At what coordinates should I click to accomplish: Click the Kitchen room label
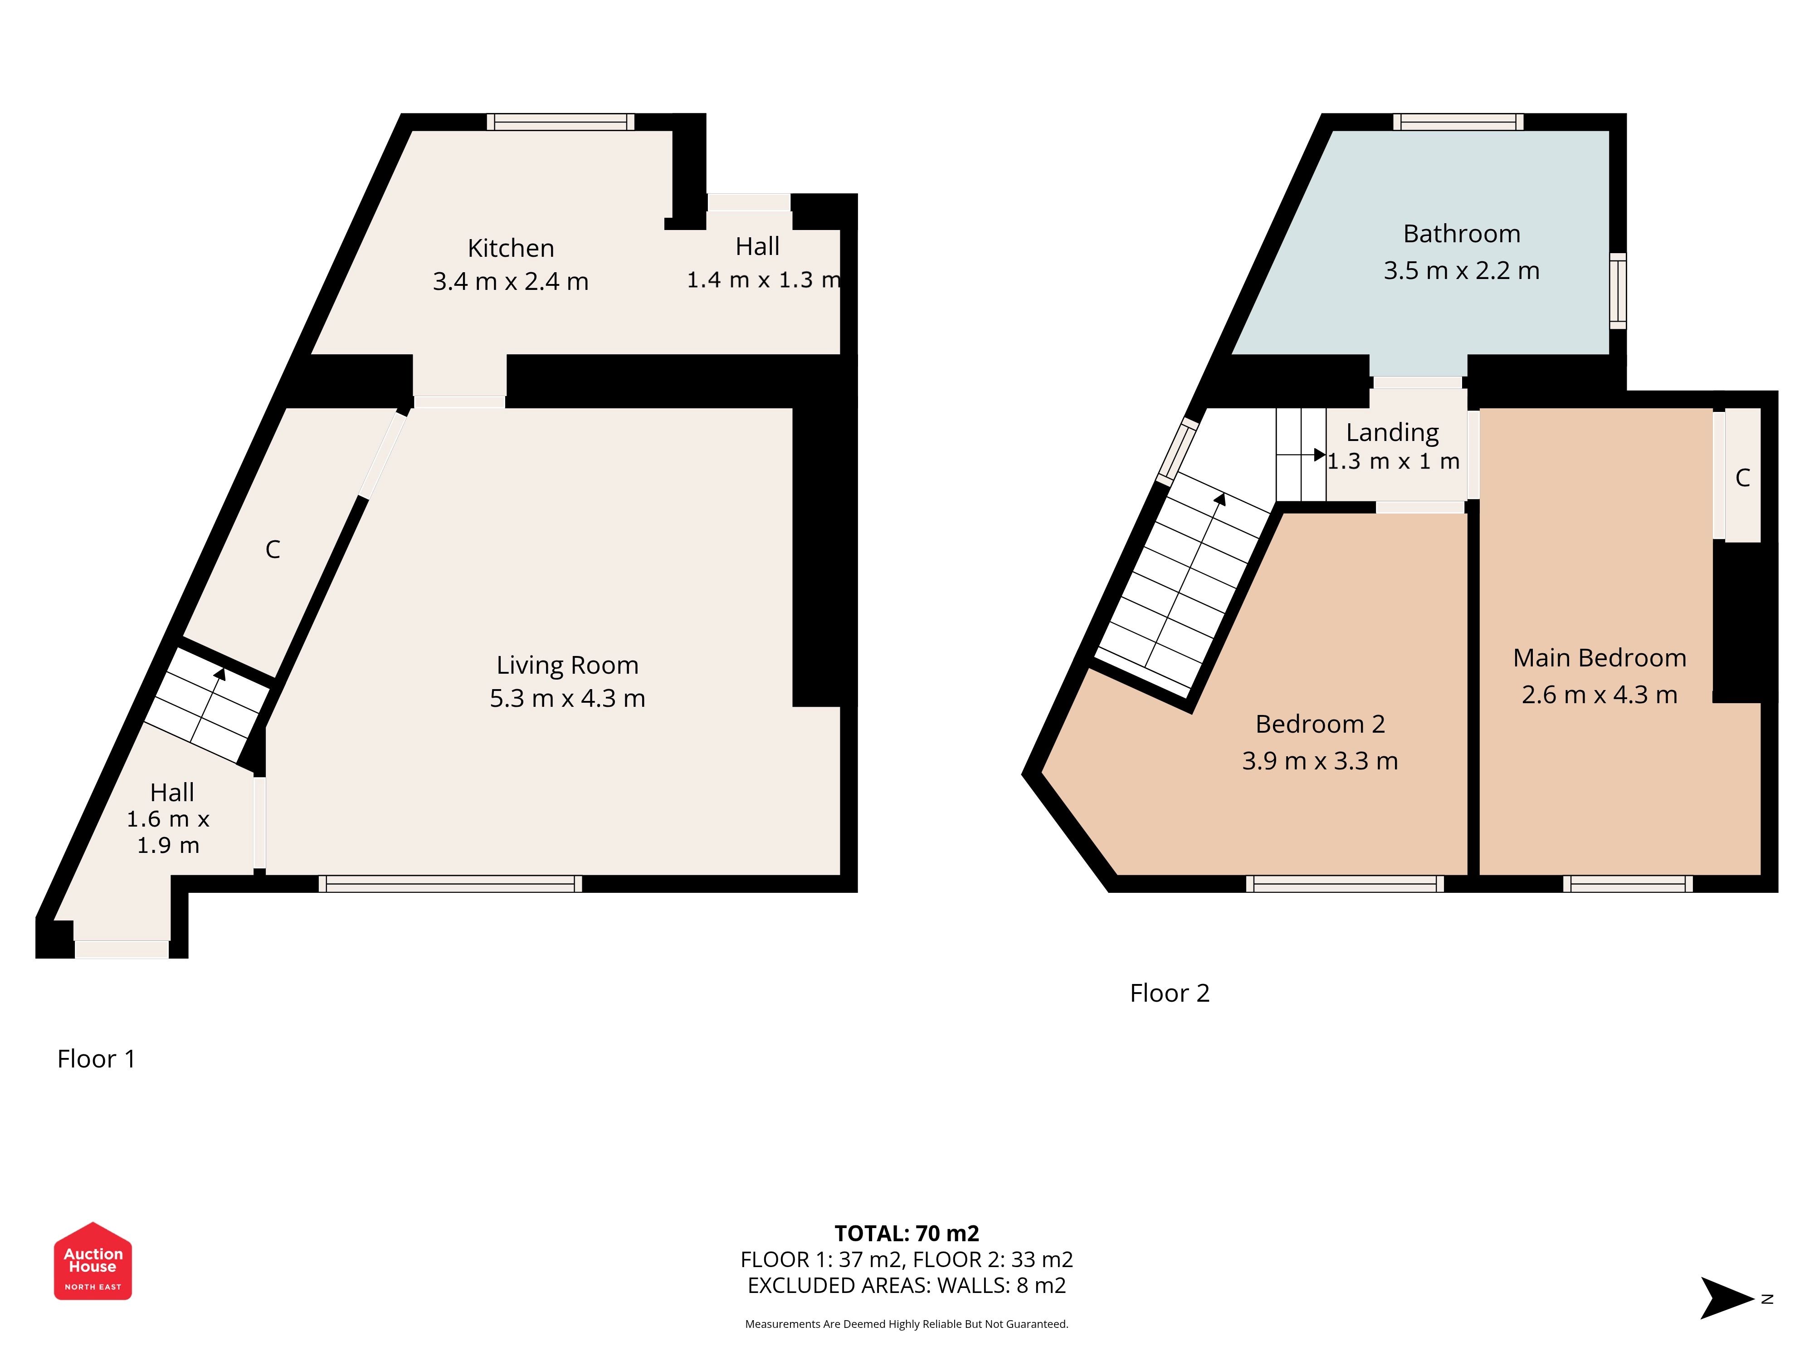tap(511, 248)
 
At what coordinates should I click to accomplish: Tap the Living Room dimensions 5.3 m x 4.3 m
tap(567, 698)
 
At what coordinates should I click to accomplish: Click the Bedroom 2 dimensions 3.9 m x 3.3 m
tap(1320, 760)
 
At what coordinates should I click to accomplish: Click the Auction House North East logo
tap(93, 1261)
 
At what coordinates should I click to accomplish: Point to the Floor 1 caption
tap(96, 1059)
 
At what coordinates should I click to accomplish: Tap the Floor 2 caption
tap(1170, 994)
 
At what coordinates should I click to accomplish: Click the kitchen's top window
tap(561, 122)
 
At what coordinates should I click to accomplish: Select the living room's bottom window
tap(450, 884)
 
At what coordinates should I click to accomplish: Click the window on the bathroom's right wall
tap(1618, 291)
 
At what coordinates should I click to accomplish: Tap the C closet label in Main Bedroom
tap(1743, 477)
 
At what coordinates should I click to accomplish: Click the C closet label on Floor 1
tap(273, 550)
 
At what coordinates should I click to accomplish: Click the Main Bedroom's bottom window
tap(1628, 884)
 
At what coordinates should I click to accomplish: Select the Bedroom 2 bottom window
tap(1345, 884)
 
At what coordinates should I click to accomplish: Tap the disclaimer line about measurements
tap(906, 1324)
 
